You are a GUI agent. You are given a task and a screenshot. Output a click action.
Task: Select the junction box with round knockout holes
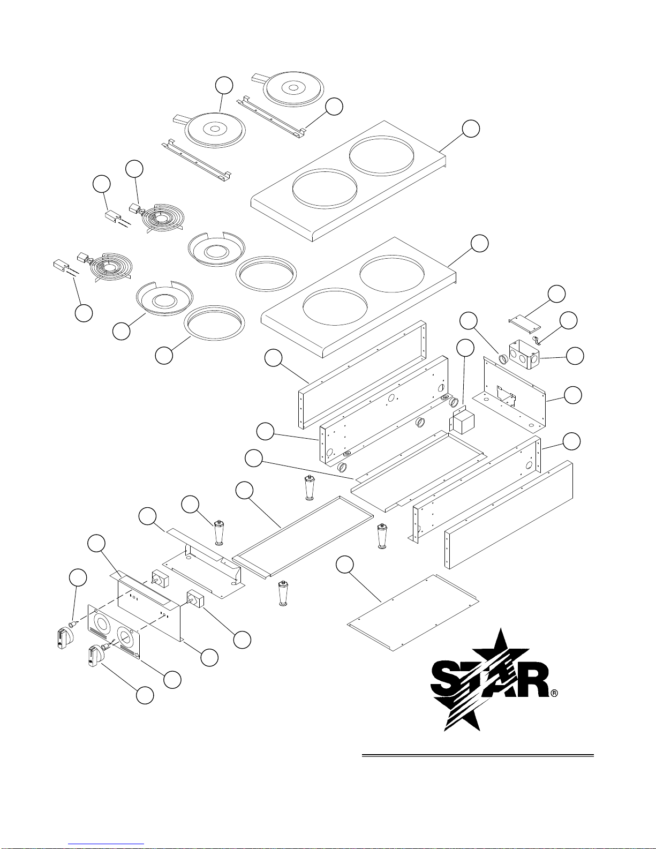[524, 354]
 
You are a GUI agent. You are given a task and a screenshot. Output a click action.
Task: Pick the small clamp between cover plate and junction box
[537, 342]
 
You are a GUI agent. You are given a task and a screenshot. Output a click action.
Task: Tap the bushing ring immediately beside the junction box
[503, 358]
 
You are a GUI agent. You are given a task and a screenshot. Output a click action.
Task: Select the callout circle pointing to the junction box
[575, 356]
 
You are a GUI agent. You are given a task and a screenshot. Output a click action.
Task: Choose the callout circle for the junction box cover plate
[556, 294]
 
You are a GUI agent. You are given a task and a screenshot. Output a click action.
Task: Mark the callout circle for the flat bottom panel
[345, 565]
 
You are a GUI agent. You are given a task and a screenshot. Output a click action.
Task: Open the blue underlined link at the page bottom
[106, 844]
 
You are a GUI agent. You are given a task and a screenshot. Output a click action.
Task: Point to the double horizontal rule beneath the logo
[478, 755]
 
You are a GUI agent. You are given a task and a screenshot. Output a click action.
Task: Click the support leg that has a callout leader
[219, 532]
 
